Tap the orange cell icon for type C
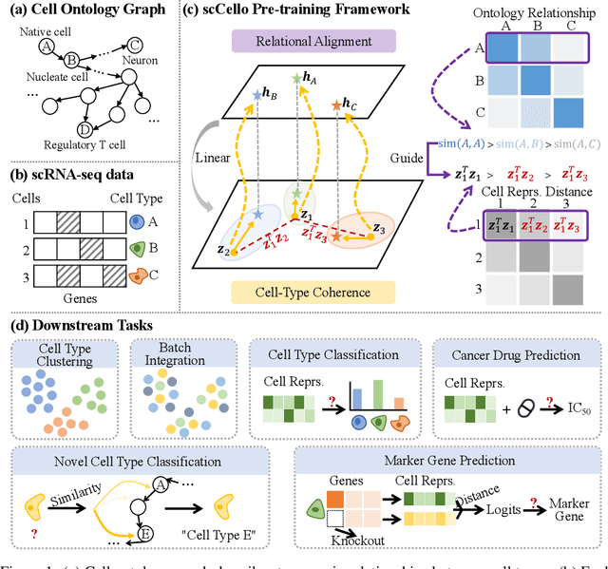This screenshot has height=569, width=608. click(x=137, y=275)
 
